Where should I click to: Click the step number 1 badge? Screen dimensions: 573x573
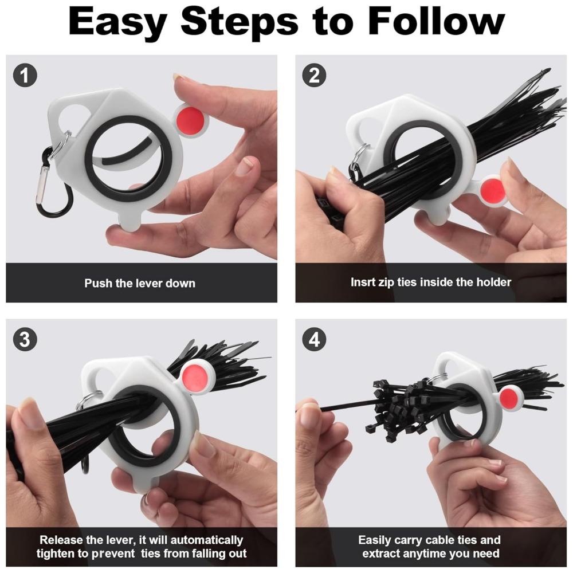(25, 75)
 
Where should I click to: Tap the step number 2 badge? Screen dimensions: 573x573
(314, 75)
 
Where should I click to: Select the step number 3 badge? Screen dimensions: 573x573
(25, 339)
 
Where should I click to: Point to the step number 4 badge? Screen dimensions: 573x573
(314, 339)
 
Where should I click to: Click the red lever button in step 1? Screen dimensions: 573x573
(190, 120)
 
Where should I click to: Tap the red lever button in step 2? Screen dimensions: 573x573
(492, 190)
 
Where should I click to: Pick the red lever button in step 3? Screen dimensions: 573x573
(195, 376)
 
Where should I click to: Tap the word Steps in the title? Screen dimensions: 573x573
(240, 23)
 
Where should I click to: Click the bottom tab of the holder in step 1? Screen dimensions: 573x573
(129, 220)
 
